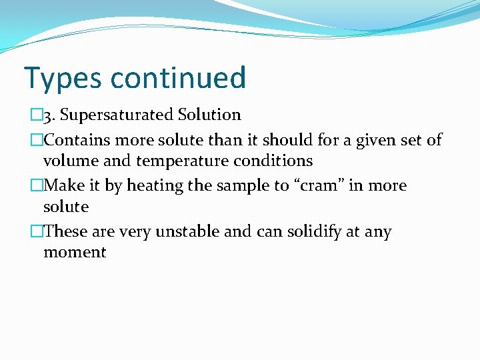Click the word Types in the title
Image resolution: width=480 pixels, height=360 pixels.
[63, 79]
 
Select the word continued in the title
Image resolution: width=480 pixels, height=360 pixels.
[178, 77]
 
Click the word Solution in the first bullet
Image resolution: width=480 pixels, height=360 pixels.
[209, 115]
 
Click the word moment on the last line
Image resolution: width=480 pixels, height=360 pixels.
[75, 253]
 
